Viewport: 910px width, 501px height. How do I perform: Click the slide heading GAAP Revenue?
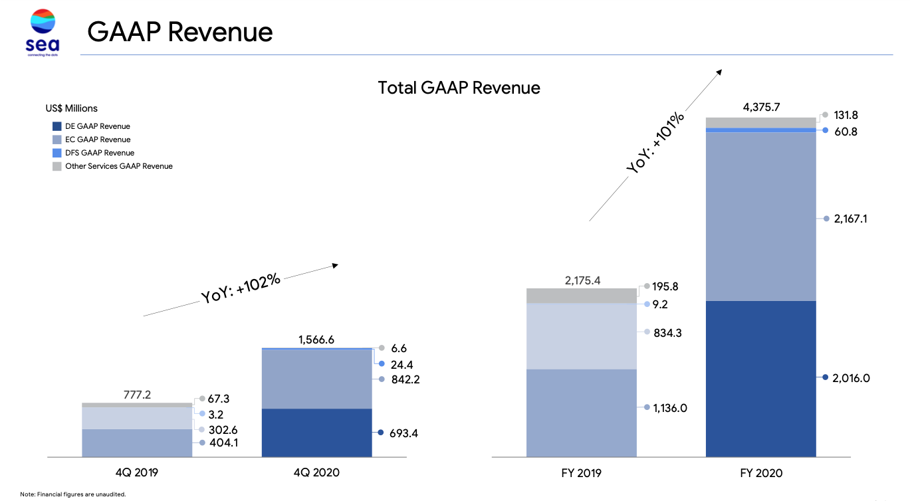pyautogui.click(x=179, y=31)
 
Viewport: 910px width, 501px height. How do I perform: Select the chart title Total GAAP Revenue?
pyautogui.click(x=459, y=88)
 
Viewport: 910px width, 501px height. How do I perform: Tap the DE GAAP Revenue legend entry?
pyautogui.click(x=97, y=126)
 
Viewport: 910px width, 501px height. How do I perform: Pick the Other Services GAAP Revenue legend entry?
pyautogui.click(x=118, y=166)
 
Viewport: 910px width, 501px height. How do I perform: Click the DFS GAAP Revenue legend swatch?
pyautogui.click(x=57, y=153)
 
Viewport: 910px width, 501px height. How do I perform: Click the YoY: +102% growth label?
pyautogui.click(x=241, y=288)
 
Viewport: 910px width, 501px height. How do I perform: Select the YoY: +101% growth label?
pyautogui.click(x=655, y=143)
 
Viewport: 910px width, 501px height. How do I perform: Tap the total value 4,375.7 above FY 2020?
pyautogui.click(x=760, y=106)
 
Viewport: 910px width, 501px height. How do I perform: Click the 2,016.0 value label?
pyautogui.click(x=851, y=378)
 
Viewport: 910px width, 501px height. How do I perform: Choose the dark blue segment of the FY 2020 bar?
pyautogui.click(x=760, y=379)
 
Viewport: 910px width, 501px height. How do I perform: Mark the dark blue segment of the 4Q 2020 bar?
pyautogui.click(x=316, y=433)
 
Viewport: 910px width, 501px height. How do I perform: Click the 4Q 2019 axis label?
pyautogui.click(x=137, y=473)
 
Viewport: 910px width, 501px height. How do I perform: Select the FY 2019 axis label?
pyautogui.click(x=581, y=473)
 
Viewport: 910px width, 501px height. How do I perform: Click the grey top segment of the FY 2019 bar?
pyautogui.click(x=581, y=296)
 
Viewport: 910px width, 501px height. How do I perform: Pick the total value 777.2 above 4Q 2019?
pyautogui.click(x=137, y=395)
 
